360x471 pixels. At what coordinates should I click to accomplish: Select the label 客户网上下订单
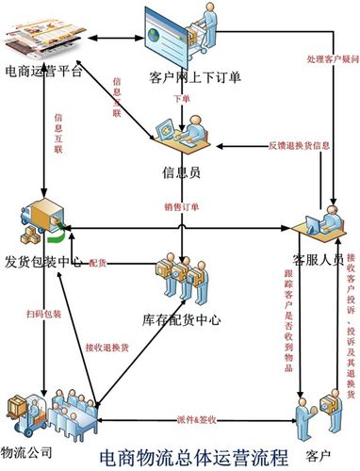click(194, 77)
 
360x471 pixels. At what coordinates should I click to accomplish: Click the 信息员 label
click(181, 171)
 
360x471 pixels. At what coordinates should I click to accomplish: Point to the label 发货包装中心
click(44, 260)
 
